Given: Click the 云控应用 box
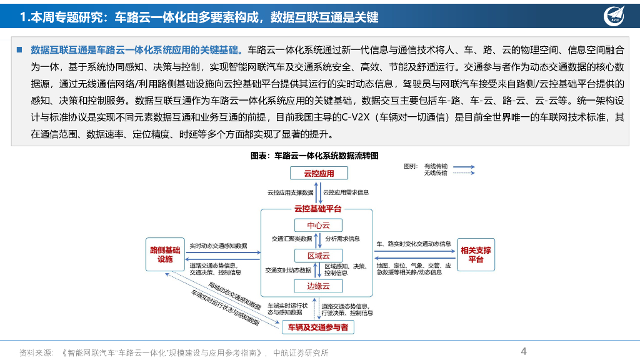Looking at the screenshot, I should click(319, 173).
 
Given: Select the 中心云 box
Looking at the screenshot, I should click(318, 225).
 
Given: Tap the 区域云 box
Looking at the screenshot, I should click(318, 255).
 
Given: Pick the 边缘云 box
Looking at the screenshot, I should click(318, 286).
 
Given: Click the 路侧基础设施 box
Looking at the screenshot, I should click(165, 254).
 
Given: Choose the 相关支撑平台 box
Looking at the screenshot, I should click(476, 254).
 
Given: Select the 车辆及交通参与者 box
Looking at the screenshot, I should click(318, 327).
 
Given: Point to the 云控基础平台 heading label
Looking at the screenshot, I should click(317, 208).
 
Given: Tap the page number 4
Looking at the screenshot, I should click(524, 351).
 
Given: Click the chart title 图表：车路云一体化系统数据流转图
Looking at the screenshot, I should click(315, 154).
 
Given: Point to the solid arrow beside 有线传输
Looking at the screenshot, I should click(464, 167).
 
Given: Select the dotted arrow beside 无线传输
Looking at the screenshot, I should click(464, 173).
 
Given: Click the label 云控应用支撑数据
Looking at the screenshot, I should click(291, 192).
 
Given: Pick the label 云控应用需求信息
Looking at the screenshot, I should click(346, 192).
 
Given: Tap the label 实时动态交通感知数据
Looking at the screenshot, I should click(218, 246).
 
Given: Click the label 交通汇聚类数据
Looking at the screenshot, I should click(291, 239).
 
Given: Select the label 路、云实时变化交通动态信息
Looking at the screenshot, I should click(413, 244).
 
